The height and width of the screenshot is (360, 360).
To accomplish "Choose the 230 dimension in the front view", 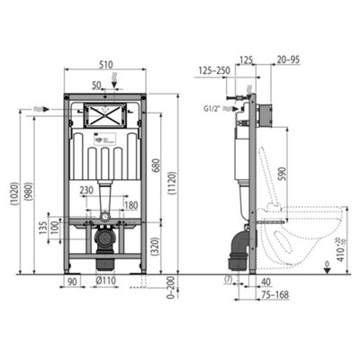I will coord(87,190).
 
